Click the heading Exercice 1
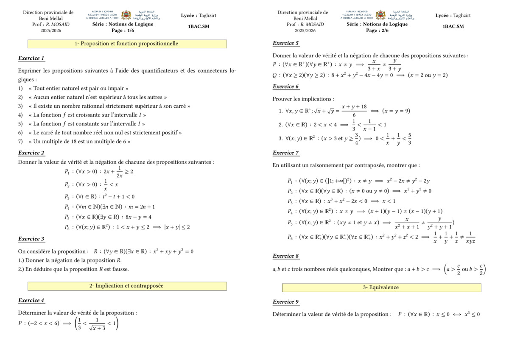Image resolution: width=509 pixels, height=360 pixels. point(31,58)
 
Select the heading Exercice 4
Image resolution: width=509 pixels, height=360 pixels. point(31,300)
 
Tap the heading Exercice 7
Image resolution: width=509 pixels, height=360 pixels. point(285,153)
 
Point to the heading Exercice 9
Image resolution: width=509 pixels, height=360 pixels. point(285,302)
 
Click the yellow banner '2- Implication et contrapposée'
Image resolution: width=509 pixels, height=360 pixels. point(127,286)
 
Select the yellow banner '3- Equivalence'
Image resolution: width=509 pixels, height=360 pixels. point(381,287)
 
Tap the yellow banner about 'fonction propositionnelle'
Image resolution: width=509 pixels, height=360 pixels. point(127,44)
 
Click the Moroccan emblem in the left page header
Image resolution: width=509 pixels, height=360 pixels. point(126,15)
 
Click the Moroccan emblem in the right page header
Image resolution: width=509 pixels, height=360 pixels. point(380,15)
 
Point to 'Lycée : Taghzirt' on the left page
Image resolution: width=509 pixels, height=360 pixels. point(199,15)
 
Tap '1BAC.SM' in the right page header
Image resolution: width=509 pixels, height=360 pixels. point(453,26)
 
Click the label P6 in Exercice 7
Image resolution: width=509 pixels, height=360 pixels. point(290,237)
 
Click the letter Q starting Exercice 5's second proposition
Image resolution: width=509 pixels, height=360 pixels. point(275,75)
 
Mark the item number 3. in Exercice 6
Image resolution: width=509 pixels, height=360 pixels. point(281,138)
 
